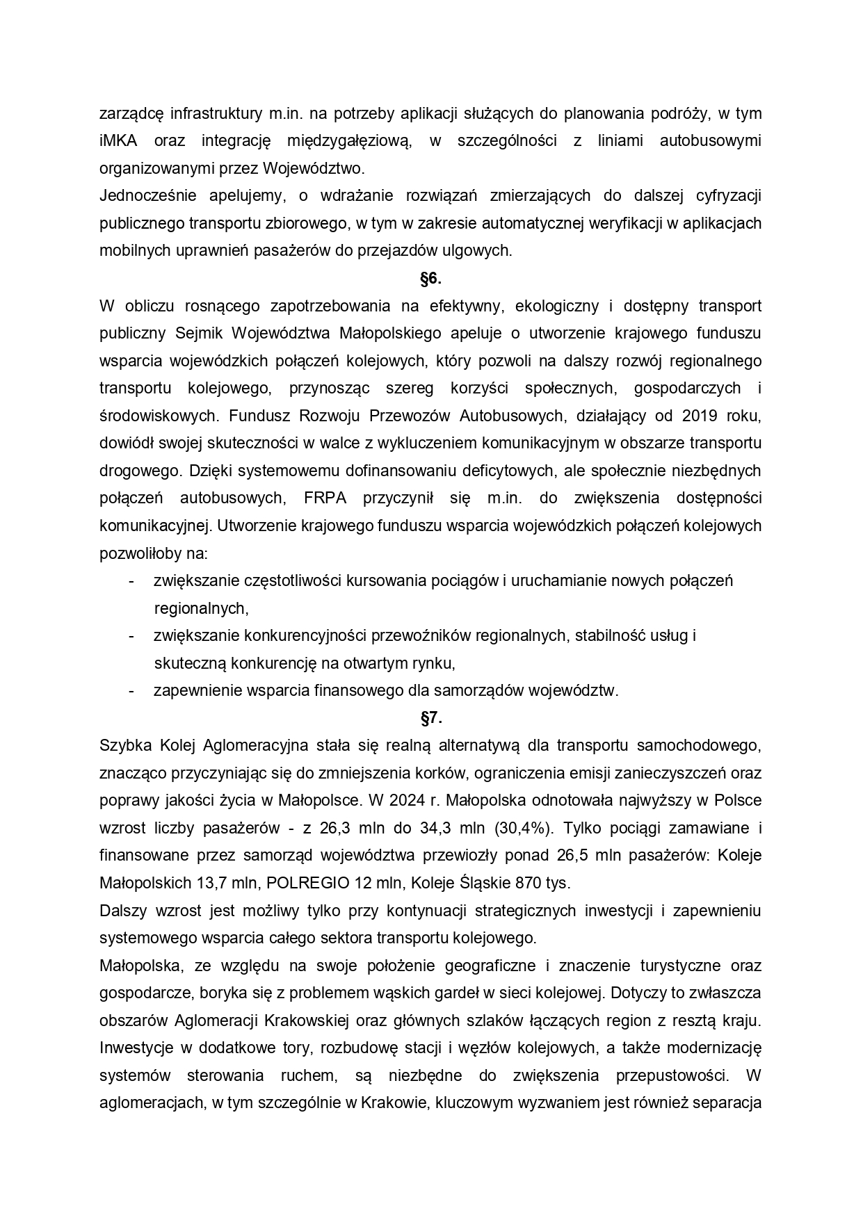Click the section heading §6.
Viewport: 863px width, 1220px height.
click(x=430, y=279)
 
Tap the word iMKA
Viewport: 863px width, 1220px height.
click(x=118, y=141)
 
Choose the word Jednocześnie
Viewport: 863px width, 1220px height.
click(x=144, y=196)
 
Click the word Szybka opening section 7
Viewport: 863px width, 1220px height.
click(x=123, y=746)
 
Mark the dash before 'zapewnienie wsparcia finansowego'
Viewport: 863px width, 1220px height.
click(x=131, y=691)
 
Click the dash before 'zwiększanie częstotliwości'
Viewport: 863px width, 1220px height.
click(x=131, y=581)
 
